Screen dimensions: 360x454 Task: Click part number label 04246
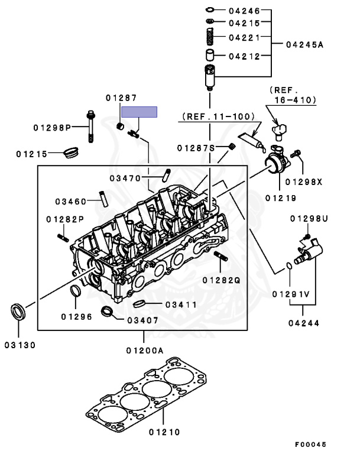coord(244,11)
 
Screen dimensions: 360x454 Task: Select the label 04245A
coord(304,44)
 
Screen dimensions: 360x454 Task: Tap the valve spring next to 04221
coord(210,37)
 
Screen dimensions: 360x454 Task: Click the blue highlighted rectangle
coord(139,112)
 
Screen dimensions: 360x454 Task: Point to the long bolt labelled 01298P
coord(90,127)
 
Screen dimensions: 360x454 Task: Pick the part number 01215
coord(31,154)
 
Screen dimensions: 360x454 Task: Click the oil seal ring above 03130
coord(18,312)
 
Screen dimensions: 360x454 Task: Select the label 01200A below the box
coord(145,351)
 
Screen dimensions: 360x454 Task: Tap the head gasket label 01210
coord(164,432)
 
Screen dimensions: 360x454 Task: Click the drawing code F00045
coord(310,444)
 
